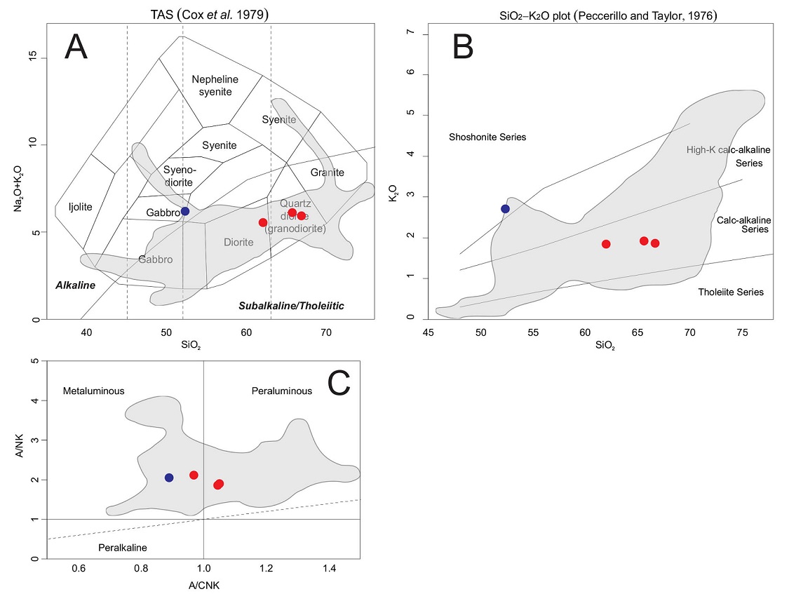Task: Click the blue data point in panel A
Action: point(185,211)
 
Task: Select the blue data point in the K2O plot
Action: point(506,208)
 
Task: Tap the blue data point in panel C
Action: point(169,478)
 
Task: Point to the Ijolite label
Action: point(80,207)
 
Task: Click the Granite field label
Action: point(328,173)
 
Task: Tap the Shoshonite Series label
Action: point(487,137)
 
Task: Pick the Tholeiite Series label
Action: point(731,292)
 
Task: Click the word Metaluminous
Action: point(93,391)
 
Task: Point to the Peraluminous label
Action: point(282,391)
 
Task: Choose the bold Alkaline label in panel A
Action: point(75,286)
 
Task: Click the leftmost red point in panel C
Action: point(194,475)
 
